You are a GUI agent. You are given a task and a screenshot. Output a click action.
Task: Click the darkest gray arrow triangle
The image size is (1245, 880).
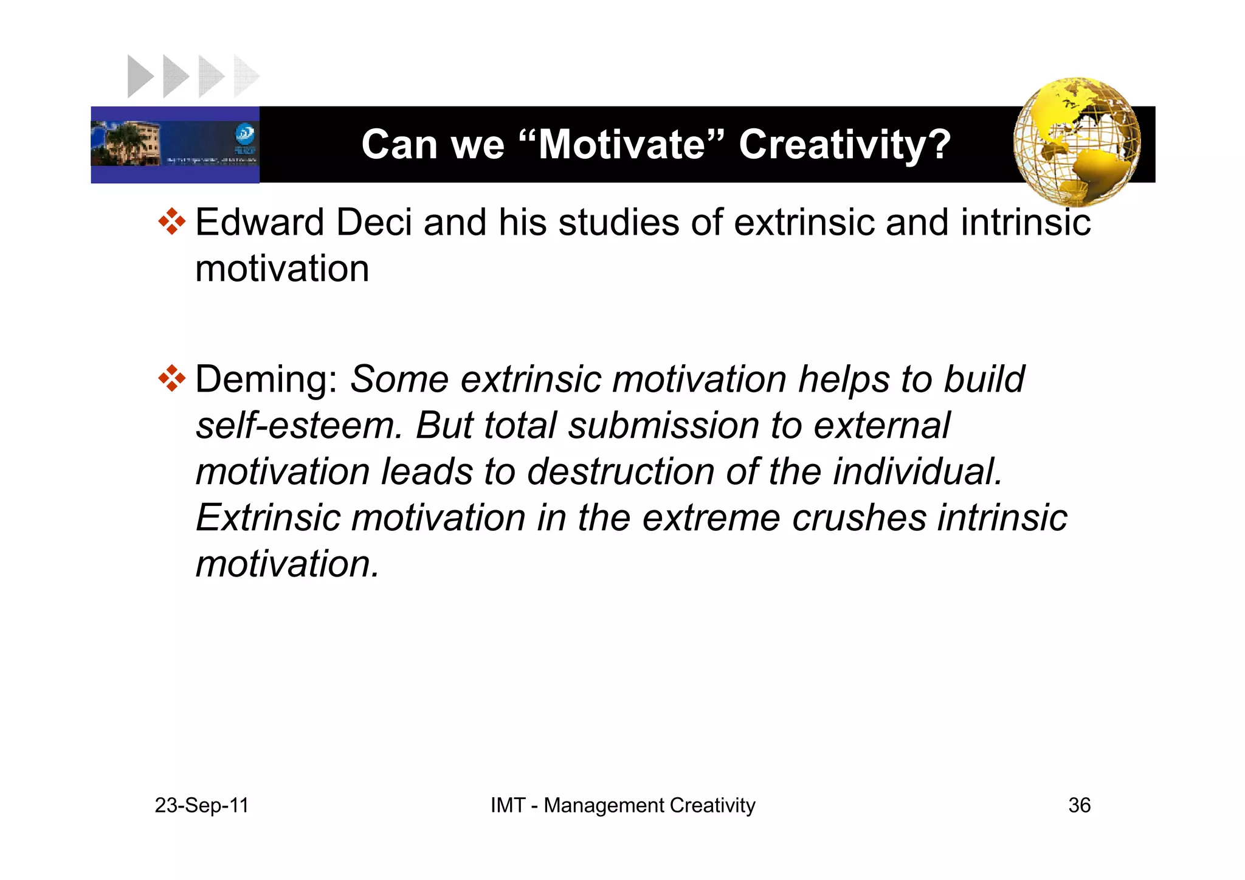(x=139, y=76)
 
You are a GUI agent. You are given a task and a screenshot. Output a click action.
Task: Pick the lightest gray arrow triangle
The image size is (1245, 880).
(x=246, y=76)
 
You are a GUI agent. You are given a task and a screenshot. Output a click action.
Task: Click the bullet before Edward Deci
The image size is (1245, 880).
(x=171, y=221)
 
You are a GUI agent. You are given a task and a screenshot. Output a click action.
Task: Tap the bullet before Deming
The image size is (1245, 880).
(x=171, y=378)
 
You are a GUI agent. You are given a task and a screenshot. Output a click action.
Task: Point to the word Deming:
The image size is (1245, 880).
(x=266, y=379)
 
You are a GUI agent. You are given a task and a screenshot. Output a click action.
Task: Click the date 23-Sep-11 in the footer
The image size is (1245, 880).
(x=202, y=805)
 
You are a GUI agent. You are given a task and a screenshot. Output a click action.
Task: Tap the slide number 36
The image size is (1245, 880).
(x=1079, y=805)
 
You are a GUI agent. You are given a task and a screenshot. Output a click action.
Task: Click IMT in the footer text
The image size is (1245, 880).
(x=508, y=805)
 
